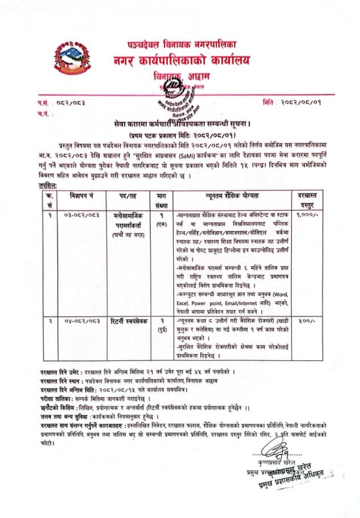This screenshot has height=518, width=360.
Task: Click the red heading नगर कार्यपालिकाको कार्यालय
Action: click(x=181, y=60)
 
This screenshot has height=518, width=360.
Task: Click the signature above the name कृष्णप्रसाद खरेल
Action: click(x=285, y=454)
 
